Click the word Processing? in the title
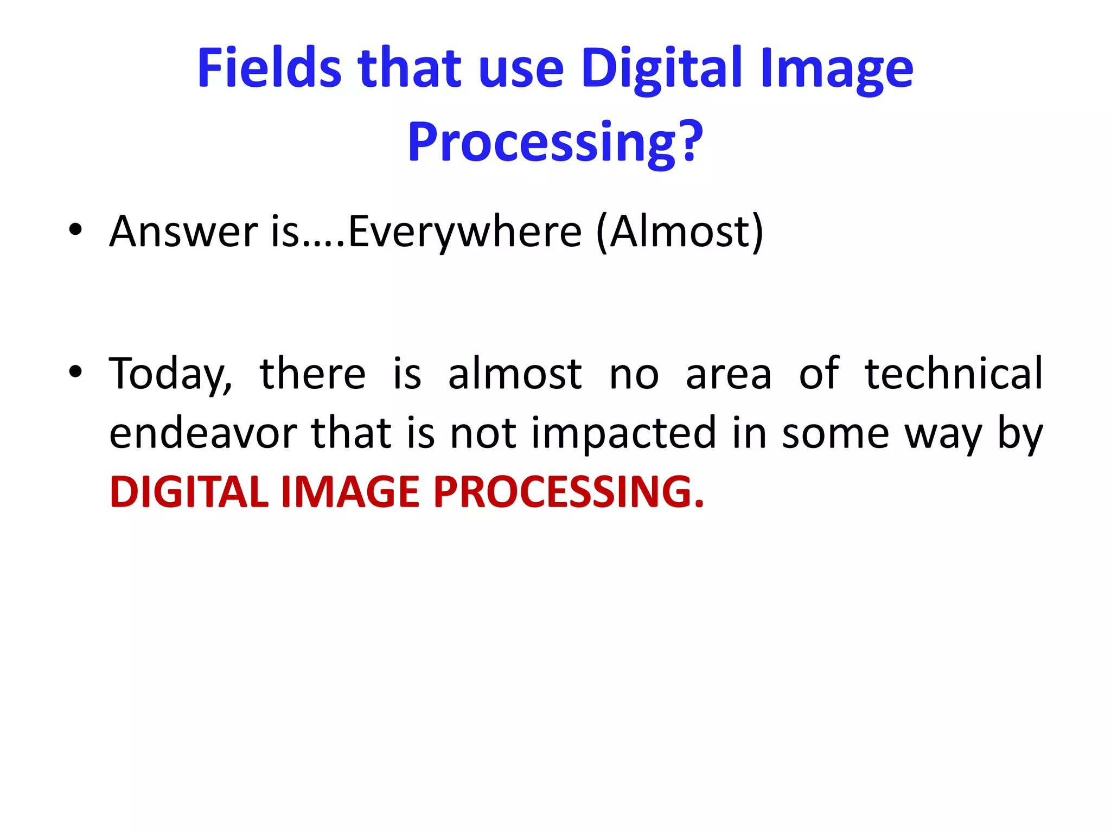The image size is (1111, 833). pos(555,142)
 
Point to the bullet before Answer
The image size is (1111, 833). pos(75,230)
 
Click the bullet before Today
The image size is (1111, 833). pos(75,372)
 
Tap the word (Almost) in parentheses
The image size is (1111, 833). pos(679,232)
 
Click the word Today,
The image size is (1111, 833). pos(170,374)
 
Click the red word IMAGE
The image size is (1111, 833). pos(350,492)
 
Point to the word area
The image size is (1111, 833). pos(728,374)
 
